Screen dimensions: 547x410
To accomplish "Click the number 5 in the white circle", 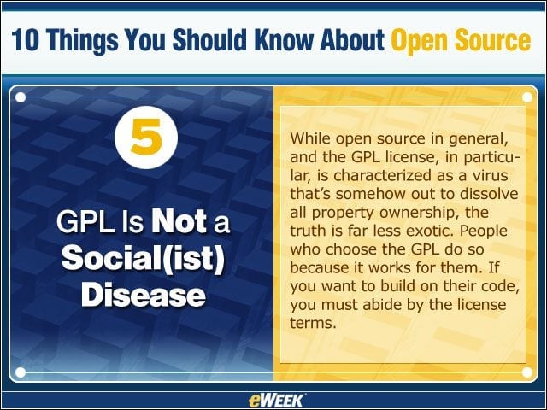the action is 146,137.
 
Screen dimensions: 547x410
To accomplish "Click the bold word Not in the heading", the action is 179,222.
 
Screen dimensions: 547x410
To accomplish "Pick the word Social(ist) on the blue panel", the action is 143,259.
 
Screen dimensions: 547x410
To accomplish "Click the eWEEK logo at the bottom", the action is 275,401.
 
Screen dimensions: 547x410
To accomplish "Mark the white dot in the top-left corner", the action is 21,97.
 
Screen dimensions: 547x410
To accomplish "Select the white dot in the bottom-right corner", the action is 527,372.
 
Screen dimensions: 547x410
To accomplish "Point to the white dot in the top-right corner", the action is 527,97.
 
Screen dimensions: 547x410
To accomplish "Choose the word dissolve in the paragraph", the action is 489,194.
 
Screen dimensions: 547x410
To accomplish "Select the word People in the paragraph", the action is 484,231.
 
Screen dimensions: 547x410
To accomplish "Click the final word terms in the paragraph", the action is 313,323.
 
